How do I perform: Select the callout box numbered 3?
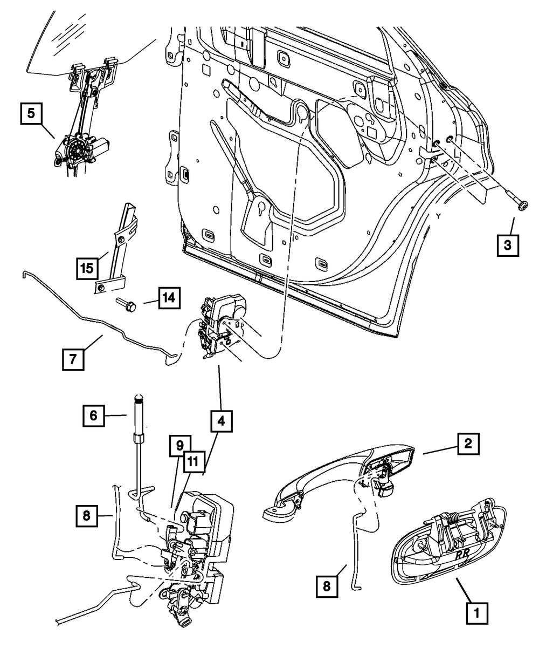click(x=507, y=245)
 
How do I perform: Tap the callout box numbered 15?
click(x=87, y=267)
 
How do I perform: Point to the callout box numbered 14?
click(x=169, y=297)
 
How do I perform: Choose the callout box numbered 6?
click(x=94, y=415)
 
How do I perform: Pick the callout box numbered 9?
click(x=178, y=446)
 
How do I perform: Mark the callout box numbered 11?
click(x=192, y=462)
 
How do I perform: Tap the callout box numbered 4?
click(x=222, y=420)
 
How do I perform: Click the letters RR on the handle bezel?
click(x=462, y=555)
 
